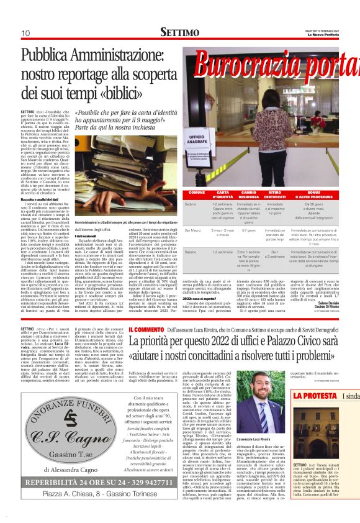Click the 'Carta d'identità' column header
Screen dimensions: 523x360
click(222, 194)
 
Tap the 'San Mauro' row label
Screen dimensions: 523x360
click(194, 230)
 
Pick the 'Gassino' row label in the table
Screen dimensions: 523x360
click(192, 252)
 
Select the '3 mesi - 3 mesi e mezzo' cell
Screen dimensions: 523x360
click(222, 232)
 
